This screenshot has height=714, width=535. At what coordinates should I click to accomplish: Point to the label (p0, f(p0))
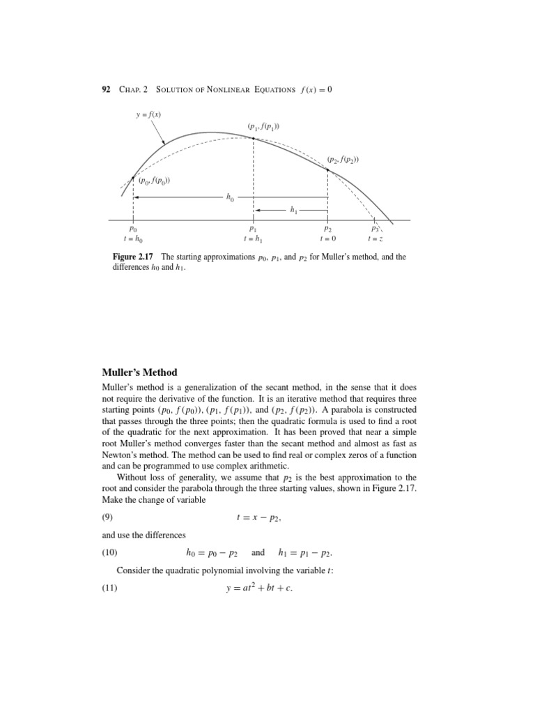pyautogui.click(x=154, y=183)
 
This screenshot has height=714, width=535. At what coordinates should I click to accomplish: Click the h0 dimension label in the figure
pyautogui.click(x=231, y=197)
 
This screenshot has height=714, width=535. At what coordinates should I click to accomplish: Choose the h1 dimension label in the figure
pyautogui.click(x=294, y=208)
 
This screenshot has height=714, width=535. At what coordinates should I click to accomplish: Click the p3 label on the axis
pyautogui.click(x=375, y=228)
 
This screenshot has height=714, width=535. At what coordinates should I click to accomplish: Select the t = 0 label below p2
pyautogui.click(x=327, y=239)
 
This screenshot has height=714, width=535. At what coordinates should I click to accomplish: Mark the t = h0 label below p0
pyautogui.click(x=133, y=239)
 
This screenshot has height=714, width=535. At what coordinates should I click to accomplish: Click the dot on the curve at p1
pyautogui.click(x=253, y=138)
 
